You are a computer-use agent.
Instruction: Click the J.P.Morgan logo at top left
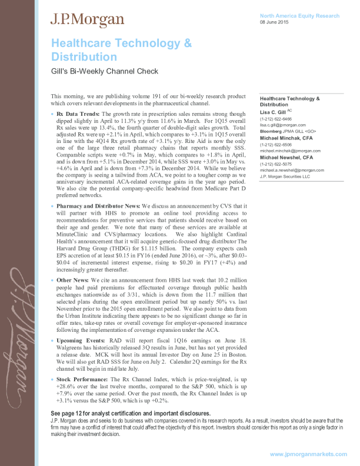(x=88, y=20)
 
